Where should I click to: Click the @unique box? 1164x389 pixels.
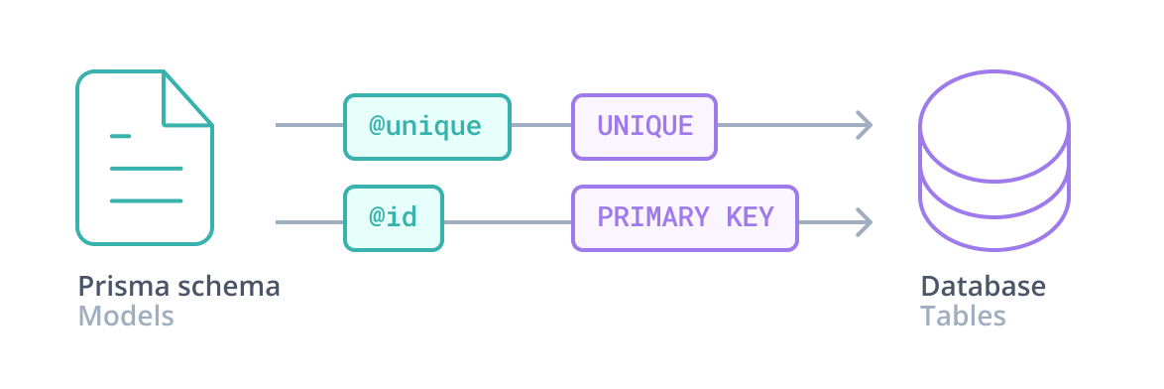click(426, 126)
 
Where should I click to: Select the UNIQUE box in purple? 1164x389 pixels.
click(644, 126)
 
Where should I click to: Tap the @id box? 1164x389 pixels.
click(393, 217)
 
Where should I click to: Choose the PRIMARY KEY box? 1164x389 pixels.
click(685, 217)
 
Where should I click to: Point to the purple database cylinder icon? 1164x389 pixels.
click(994, 159)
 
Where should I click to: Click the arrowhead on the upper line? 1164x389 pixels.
click(865, 125)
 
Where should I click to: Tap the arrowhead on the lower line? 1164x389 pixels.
click(865, 220)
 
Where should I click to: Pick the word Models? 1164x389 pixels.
click(126, 318)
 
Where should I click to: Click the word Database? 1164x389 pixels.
click(983, 287)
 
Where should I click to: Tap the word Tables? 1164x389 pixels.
click(963, 318)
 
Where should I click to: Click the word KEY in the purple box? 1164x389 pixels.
click(747, 217)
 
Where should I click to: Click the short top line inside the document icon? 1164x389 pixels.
click(121, 136)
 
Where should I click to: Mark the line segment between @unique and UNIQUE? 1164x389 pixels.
click(541, 126)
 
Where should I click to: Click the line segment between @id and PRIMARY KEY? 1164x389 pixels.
click(507, 220)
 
